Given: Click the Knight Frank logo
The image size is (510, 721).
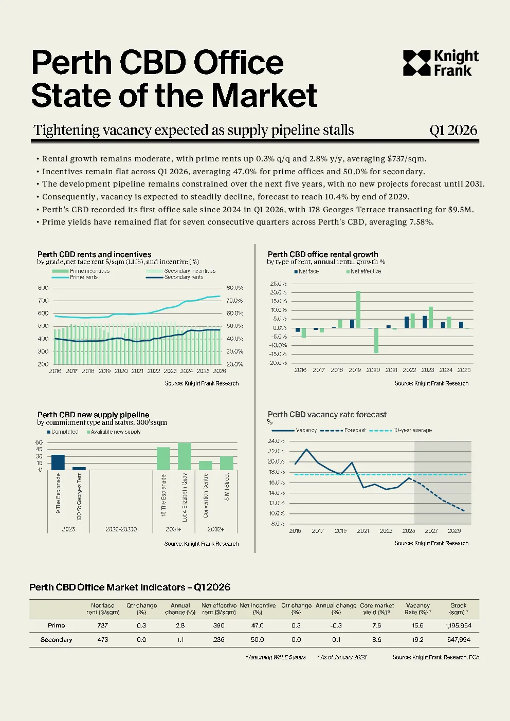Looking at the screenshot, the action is coord(441,63).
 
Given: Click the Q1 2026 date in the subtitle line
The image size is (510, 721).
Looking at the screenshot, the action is coord(453,131).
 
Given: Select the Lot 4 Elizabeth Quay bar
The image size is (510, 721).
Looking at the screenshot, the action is coord(185,456).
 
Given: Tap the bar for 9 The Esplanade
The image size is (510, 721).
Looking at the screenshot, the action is coord(58,462).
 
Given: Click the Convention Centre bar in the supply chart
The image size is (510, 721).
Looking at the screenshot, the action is coord(206,466).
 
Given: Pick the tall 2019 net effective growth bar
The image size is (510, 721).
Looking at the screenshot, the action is coord(358,309).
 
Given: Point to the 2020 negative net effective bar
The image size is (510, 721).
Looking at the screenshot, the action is coord(376,341).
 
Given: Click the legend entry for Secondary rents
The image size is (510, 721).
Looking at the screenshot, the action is coord(174,277).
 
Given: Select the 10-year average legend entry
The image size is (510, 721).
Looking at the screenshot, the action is coord(400,430).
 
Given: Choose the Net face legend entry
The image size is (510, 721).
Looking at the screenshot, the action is coord(306,272).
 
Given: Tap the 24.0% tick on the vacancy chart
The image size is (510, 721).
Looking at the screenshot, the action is coord(276,441).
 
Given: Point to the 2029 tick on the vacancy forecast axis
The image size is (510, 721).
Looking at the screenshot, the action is coord(454,531).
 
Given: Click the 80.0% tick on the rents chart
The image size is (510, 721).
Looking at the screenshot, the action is coord(235,288).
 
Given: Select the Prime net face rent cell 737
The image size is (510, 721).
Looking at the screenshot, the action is coord(103,625).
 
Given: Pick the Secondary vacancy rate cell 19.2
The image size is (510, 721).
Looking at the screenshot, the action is coord(417,640).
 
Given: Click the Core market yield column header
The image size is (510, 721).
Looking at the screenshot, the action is coord(377,608).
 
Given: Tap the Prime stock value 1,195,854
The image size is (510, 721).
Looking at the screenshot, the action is coord(459,625).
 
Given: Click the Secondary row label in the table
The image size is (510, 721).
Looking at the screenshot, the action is coord(57,640).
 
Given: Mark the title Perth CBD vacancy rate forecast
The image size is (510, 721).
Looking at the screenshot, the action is coord(327,415).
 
